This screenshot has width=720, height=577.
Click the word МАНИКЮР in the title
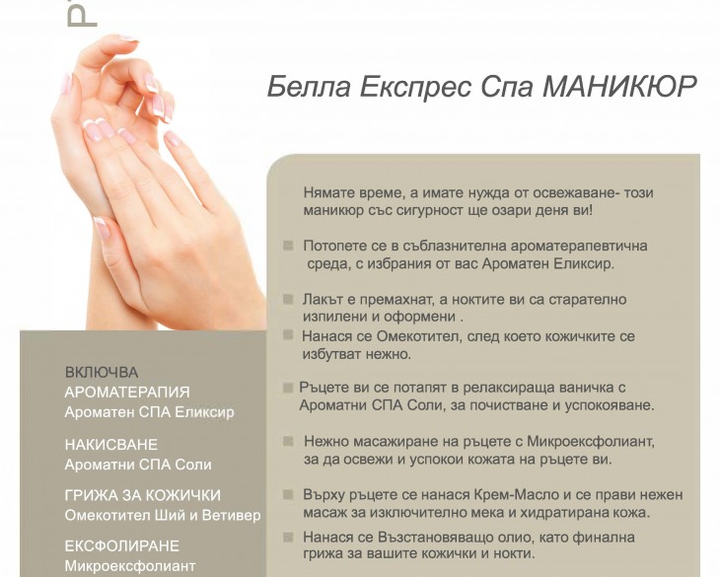click(620, 86)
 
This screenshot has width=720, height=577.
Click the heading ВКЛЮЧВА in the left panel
click(102, 372)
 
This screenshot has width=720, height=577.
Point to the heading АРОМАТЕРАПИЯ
click(127, 392)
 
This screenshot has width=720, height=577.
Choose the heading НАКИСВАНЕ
click(111, 445)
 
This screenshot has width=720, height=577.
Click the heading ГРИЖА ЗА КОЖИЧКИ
click(143, 495)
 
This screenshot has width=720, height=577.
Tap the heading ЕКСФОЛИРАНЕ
click(122, 545)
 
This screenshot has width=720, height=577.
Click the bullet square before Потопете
click(288, 246)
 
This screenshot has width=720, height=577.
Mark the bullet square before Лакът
click(288, 299)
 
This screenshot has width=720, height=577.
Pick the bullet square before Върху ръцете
click(288, 494)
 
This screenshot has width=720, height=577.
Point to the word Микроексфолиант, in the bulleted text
click(591, 442)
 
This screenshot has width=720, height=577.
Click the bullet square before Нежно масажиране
click(288, 441)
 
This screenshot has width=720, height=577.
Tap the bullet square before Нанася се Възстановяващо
click(288, 537)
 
